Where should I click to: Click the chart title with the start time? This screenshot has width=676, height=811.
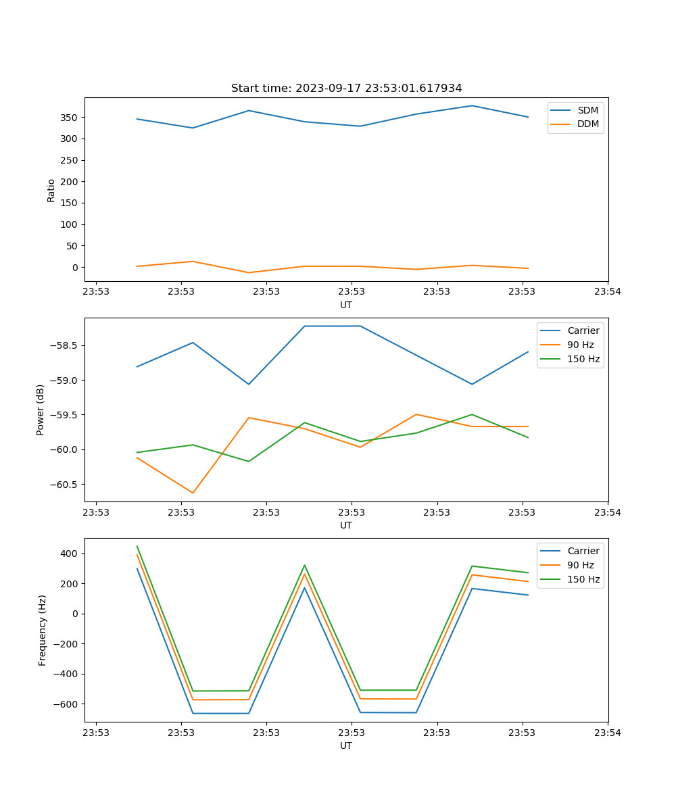tap(346, 89)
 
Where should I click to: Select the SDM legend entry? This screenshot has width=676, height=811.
tap(587, 110)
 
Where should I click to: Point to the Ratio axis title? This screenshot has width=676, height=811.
tap(51, 190)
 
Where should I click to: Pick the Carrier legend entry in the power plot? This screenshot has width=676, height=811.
tap(583, 330)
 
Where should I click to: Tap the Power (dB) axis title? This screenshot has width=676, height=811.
tap(41, 410)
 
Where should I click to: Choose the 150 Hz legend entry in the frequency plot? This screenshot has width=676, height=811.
tap(583, 579)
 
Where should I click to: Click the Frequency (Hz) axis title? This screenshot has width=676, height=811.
tap(43, 630)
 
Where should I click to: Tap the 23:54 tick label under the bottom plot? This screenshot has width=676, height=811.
tap(607, 733)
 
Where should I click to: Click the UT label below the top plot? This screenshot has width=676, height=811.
tap(346, 305)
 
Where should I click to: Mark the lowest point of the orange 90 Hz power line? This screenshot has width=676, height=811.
tap(193, 493)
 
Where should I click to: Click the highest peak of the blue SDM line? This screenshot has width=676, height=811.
tap(472, 105)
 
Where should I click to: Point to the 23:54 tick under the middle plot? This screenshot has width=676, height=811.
tap(607, 512)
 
